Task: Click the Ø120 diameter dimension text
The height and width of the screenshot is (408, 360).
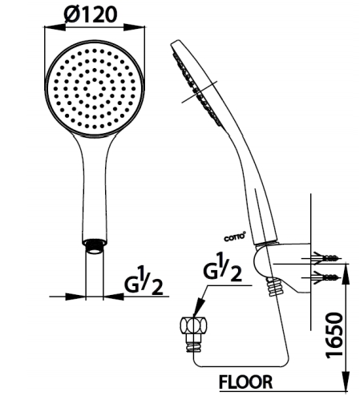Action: [x=91, y=14]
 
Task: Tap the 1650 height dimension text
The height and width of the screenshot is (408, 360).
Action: [x=334, y=334]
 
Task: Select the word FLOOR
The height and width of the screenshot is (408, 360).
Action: [x=245, y=382]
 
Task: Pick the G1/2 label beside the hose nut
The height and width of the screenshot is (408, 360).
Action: [x=223, y=268]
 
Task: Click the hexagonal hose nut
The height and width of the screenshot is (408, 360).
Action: [x=194, y=325]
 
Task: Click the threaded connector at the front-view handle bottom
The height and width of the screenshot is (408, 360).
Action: [x=95, y=246]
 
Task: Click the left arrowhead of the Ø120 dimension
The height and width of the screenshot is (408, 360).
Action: [x=55, y=27]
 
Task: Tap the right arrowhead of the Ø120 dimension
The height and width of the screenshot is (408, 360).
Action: [x=134, y=27]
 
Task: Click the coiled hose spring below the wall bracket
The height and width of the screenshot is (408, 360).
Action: [x=274, y=287]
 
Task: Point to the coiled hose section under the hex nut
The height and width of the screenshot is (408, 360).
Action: [x=193, y=345]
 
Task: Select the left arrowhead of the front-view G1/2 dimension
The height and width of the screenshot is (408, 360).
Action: [x=75, y=297]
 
